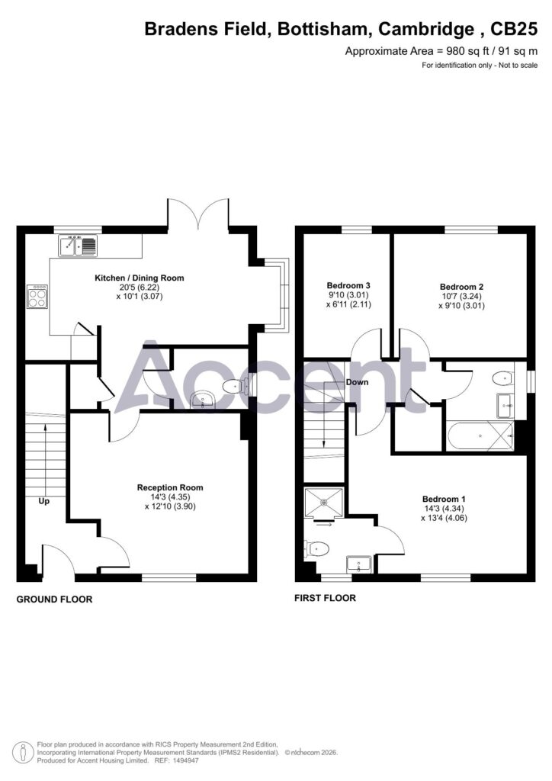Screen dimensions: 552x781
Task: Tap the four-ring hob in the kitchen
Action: click(x=38, y=297)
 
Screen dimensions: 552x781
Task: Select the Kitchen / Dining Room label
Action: click(x=140, y=278)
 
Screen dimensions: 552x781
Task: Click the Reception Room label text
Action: click(x=170, y=487)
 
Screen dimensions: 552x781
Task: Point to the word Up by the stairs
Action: click(x=43, y=502)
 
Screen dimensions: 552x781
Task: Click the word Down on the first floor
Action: click(x=357, y=382)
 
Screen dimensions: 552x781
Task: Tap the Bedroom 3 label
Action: click(x=348, y=285)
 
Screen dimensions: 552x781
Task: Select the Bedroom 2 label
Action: click(x=461, y=287)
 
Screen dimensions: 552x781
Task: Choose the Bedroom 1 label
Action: click(x=444, y=499)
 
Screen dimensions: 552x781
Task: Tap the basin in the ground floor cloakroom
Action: click(x=203, y=399)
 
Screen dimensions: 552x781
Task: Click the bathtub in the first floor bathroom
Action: click(x=480, y=435)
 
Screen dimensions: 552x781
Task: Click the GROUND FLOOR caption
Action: click(x=54, y=599)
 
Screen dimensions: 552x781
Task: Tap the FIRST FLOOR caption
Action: click(x=325, y=598)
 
